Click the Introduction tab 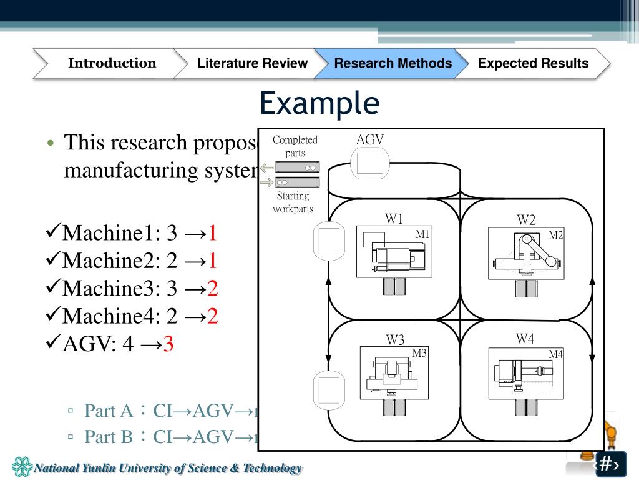pyautogui.click(x=112, y=63)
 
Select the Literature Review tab pyautogui.click(x=252, y=63)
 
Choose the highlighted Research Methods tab pyautogui.click(x=393, y=63)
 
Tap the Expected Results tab pyautogui.click(x=533, y=63)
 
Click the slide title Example pyautogui.click(x=319, y=102)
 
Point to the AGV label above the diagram pyautogui.click(x=369, y=139)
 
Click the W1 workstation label pyautogui.click(x=394, y=219)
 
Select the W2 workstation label pyautogui.click(x=526, y=220)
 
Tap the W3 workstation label pyautogui.click(x=395, y=340)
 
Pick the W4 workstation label pyautogui.click(x=525, y=339)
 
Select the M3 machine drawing pyautogui.click(x=393, y=374)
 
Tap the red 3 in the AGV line pyautogui.click(x=168, y=344)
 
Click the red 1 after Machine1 pyautogui.click(x=212, y=234)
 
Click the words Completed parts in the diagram pyautogui.click(x=295, y=146)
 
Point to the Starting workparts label pyautogui.click(x=293, y=202)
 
